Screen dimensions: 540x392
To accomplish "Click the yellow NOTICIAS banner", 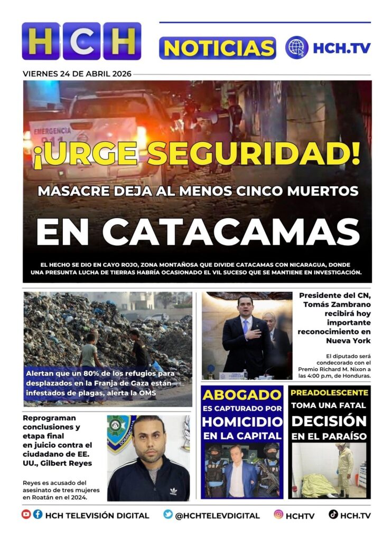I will [217, 48].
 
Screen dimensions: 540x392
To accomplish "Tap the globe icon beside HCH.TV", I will [297, 47].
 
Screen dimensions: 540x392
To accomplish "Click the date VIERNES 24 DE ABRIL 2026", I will [77, 74].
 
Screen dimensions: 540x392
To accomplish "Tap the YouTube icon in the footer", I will [26, 514].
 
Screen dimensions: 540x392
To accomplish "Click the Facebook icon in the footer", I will [38, 514].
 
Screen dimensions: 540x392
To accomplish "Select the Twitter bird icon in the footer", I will [168, 514].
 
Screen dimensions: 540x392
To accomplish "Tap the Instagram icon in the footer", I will [278, 514].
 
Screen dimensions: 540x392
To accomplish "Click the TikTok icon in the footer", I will [333, 514].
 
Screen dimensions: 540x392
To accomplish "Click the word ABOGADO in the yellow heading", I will [242, 394].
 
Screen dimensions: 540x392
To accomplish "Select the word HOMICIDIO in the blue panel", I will [242, 422].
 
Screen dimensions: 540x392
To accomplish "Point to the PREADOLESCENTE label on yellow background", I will [329, 393].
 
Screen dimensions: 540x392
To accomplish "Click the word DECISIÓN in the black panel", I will [329, 421].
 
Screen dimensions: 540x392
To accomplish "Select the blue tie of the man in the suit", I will [244, 327].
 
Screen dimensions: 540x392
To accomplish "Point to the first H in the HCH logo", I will [41, 41].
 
